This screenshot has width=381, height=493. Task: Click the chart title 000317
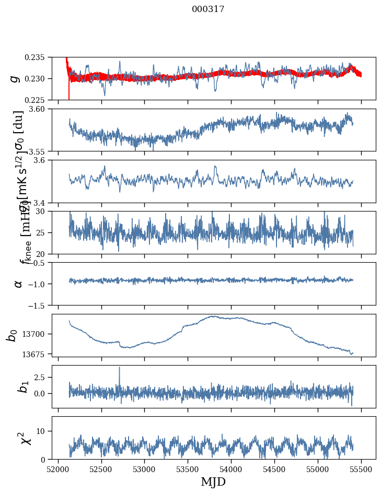pos(208,9)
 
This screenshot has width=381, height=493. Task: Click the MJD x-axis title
pos(213,482)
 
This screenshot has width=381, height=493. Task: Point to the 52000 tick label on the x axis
pos(58,469)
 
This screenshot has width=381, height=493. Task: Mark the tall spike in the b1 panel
pos(119,368)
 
